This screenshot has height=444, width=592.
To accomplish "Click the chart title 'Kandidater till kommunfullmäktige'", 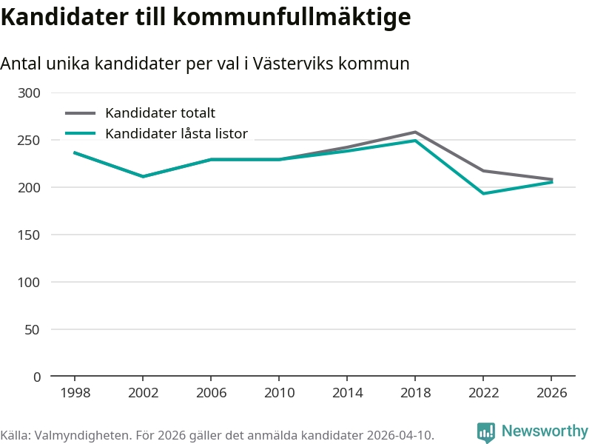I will (x=206, y=16).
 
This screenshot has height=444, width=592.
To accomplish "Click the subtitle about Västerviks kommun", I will (x=205, y=64).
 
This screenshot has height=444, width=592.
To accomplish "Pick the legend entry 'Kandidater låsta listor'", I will (x=176, y=134).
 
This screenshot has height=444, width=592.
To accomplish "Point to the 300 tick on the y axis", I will (x=30, y=92).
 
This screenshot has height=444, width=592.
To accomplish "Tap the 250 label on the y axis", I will (x=30, y=140).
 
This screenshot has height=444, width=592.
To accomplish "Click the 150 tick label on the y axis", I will (x=30, y=235).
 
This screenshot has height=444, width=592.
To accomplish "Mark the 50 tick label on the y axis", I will (x=33, y=329).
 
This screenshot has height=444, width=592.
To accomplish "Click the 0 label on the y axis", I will (x=37, y=377).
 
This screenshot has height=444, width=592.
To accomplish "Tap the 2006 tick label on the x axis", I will (x=211, y=393).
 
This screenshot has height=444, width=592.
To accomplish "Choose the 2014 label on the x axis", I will (x=347, y=393).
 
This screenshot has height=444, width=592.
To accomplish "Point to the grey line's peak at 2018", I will (x=415, y=132).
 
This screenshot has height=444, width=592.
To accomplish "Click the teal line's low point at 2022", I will (x=483, y=193).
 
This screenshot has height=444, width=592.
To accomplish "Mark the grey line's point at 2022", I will (x=483, y=171).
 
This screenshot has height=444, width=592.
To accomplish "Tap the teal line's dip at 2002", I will (x=143, y=176).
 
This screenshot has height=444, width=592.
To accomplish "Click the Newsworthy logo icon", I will (x=485, y=432).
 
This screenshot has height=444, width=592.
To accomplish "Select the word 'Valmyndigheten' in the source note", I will (x=73, y=434).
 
